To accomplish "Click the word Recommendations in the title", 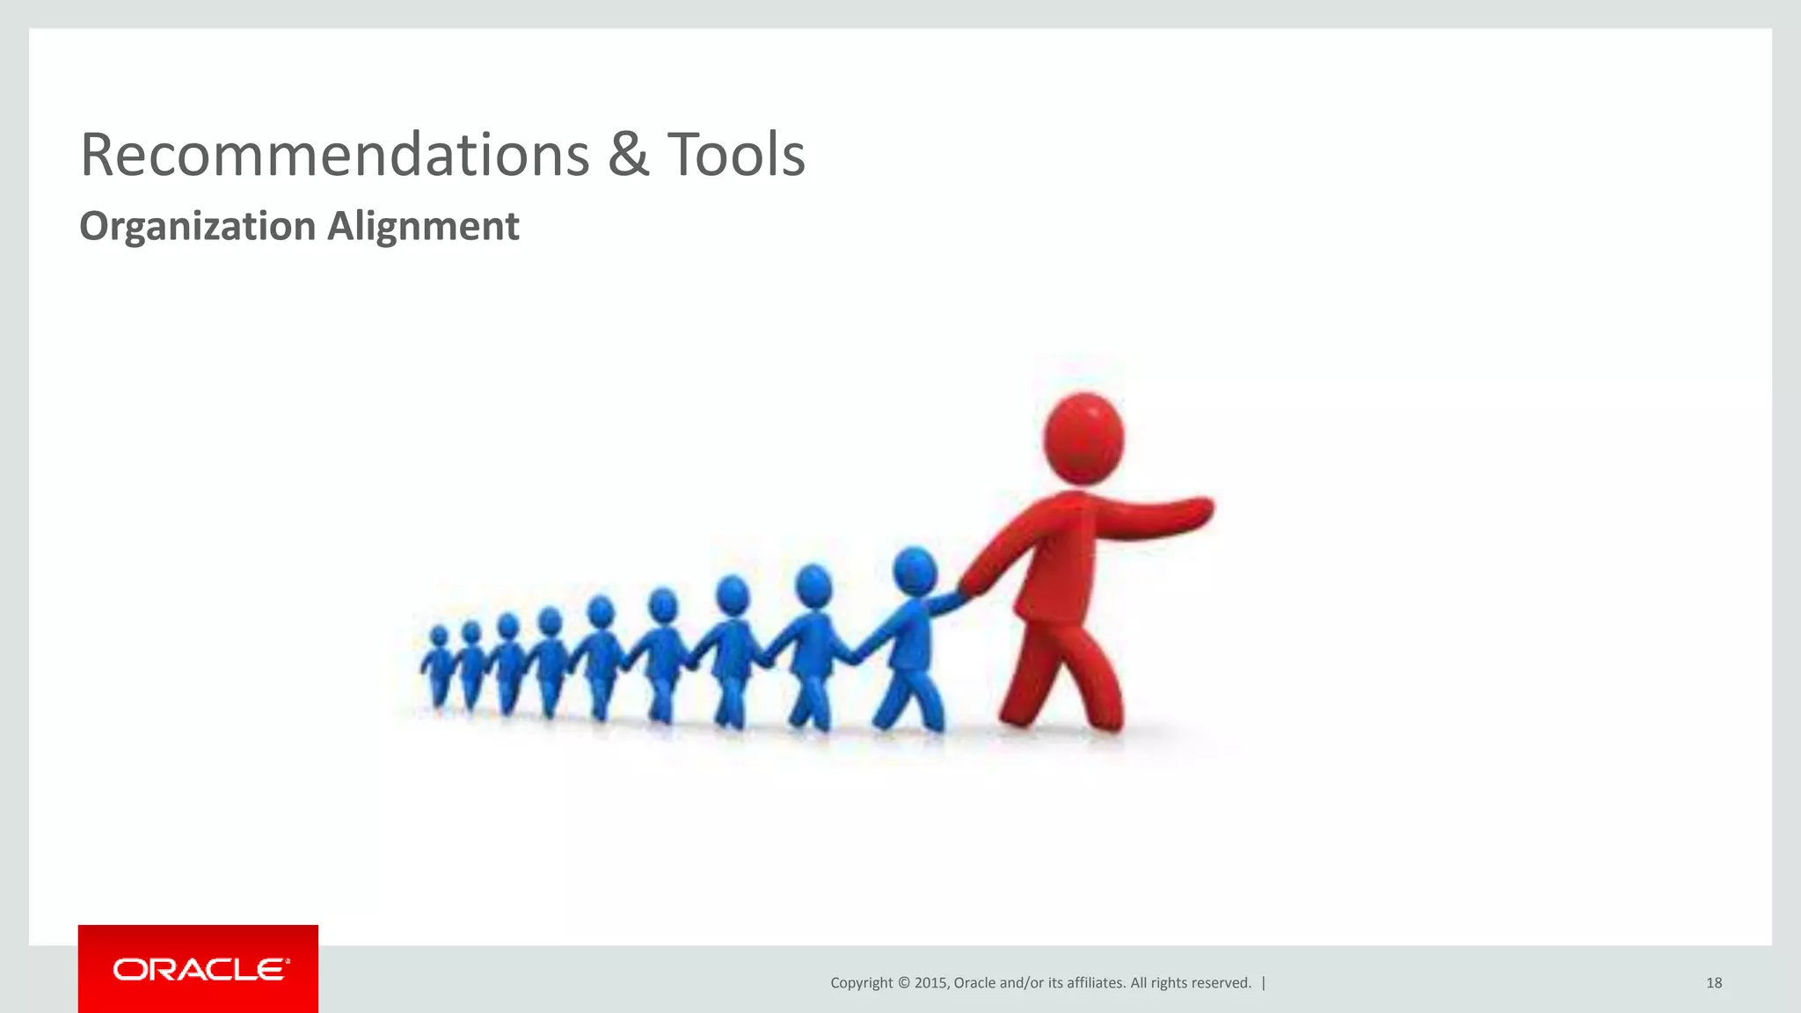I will tap(334, 156).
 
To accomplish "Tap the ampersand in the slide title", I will tap(628, 156).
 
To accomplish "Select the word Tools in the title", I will tap(736, 156).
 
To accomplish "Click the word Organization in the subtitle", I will tap(197, 227).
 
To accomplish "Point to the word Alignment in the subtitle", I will tap(423, 227).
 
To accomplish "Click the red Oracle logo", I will tap(198, 969).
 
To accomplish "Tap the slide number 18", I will tap(1714, 983).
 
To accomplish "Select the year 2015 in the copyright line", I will tap(930, 983).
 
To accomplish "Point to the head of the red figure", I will tap(1083, 438).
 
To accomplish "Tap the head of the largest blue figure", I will tap(915, 572).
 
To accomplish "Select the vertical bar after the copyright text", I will tap(1264, 983).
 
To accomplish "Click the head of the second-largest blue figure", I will tap(813, 586).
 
